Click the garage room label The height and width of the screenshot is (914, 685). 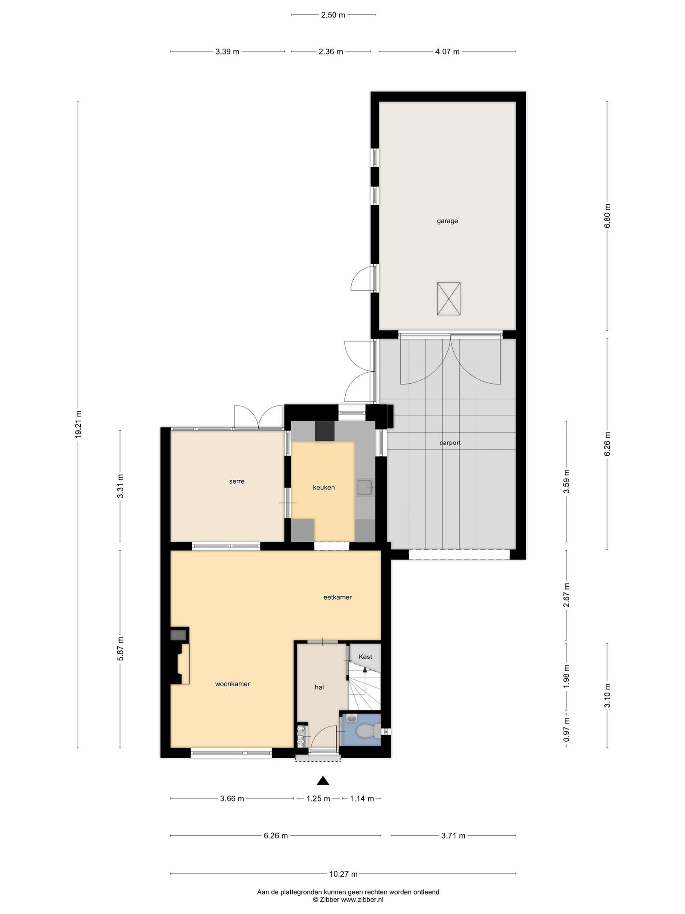[x=447, y=221]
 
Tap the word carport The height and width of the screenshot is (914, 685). [x=450, y=443]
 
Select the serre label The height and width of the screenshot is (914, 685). [x=237, y=481]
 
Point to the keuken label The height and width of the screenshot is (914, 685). [x=324, y=487]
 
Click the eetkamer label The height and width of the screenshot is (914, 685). [x=338, y=597]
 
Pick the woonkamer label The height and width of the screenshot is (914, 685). [x=232, y=684]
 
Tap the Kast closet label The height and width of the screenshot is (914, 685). [x=365, y=656]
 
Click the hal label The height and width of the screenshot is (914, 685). [x=319, y=687]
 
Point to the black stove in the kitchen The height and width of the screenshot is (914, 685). [x=325, y=431]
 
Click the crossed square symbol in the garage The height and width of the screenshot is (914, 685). [x=449, y=299]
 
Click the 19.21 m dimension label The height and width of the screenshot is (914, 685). [x=78, y=425]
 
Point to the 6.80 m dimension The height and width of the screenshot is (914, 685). [x=607, y=216]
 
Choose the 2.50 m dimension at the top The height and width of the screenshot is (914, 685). [x=333, y=15]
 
